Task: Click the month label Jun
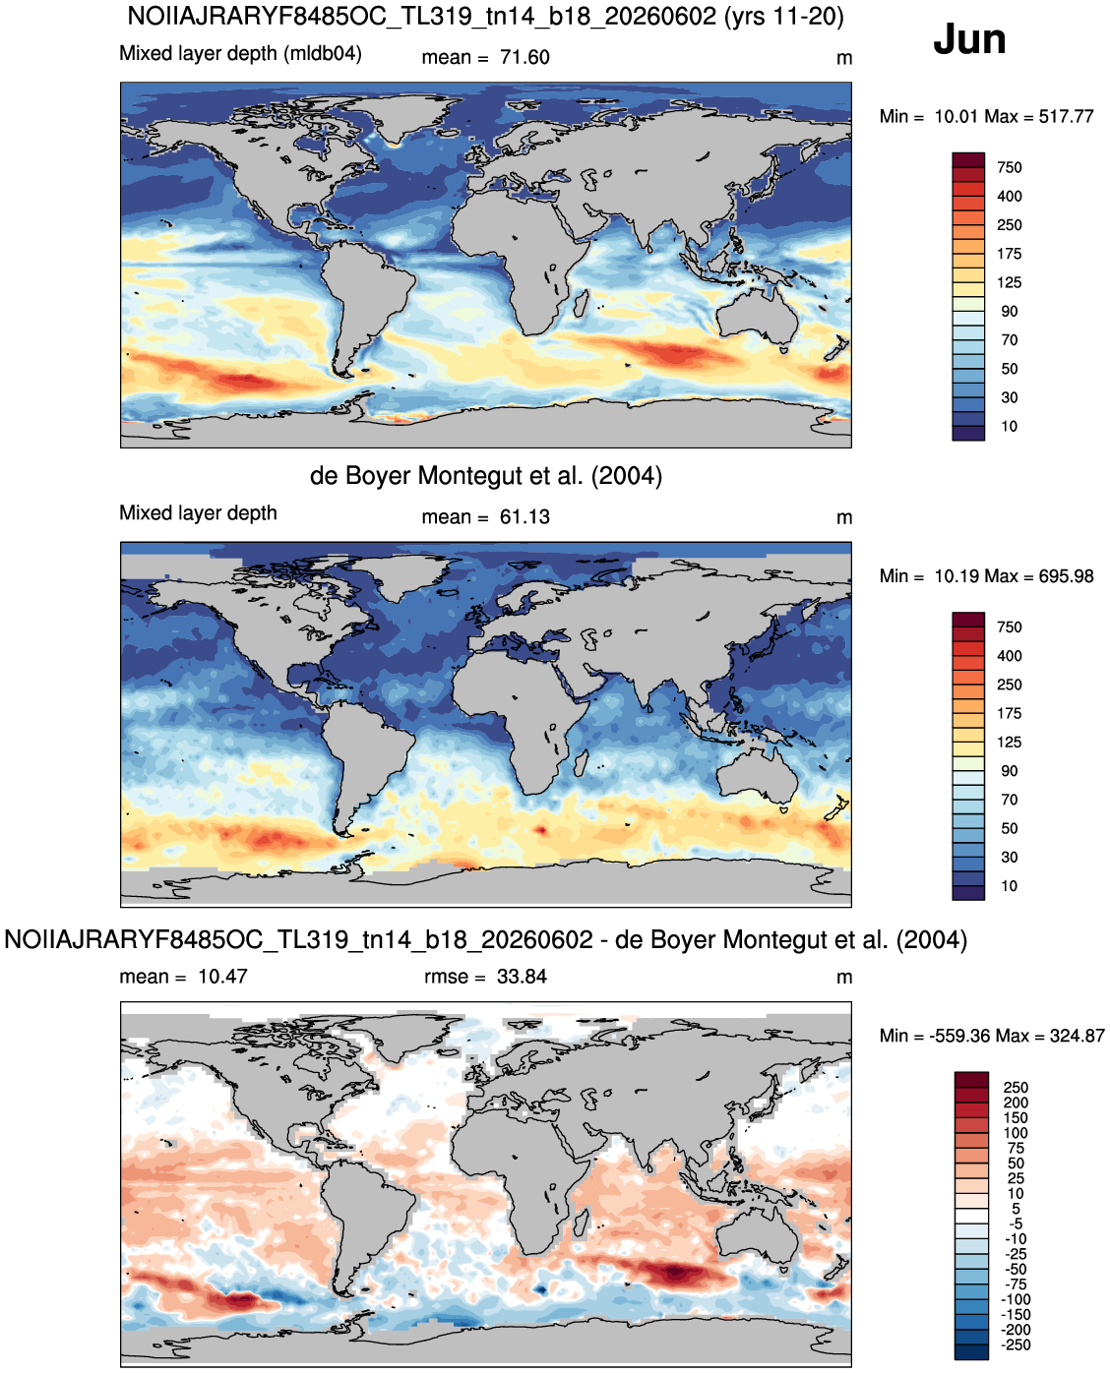968,40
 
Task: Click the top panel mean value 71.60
524,57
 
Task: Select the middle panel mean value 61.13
524,517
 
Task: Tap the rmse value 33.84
522,977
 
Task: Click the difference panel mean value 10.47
222,977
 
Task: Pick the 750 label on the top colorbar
1009,167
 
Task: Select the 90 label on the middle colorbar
1009,771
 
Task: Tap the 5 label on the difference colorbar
1016,1209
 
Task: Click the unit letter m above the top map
843,59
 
